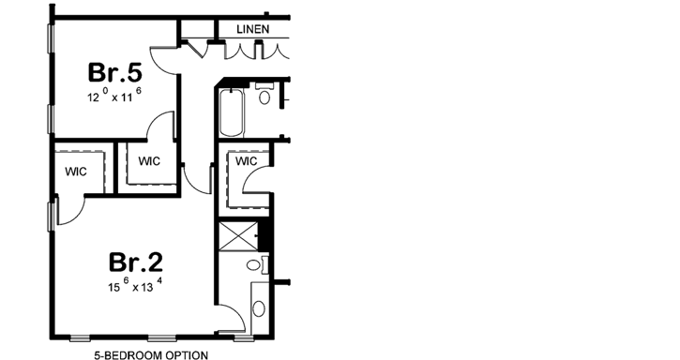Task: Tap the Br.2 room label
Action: [x=137, y=261]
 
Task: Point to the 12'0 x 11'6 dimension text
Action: [x=113, y=97]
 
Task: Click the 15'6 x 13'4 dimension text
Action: [x=135, y=285]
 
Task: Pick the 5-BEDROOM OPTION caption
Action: [x=150, y=354]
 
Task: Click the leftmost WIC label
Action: [x=77, y=172]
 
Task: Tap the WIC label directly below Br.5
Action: [x=149, y=161]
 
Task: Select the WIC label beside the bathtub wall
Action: [x=246, y=161]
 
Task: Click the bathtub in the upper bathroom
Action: [x=230, y=112]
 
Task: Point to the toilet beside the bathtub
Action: [x=264, y=96]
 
